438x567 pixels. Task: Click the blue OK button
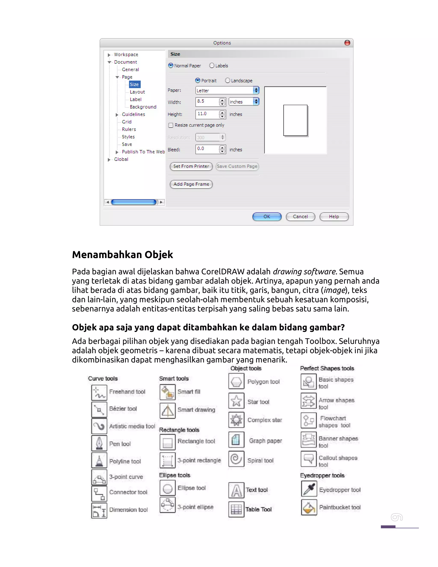pos(267,217)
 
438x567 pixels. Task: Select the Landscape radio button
pos(228,80)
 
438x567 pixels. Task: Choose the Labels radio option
pos(212,66)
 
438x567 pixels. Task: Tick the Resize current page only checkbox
pos(171,125)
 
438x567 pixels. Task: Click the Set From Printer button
pos(191,166)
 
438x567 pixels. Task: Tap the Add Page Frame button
pos(191,184)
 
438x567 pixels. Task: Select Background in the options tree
pos(143,107)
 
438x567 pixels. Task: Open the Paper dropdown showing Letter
pos(227,90)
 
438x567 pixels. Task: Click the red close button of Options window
pos(347,43)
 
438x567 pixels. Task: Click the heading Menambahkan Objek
pos(123,255)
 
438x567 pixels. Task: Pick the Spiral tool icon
pos(236,459)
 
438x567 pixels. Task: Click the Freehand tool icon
pos(99,392)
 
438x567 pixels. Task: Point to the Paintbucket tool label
pos(340,507)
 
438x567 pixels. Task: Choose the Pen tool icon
pos(99,443)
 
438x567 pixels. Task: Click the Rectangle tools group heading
pos(179,430)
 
